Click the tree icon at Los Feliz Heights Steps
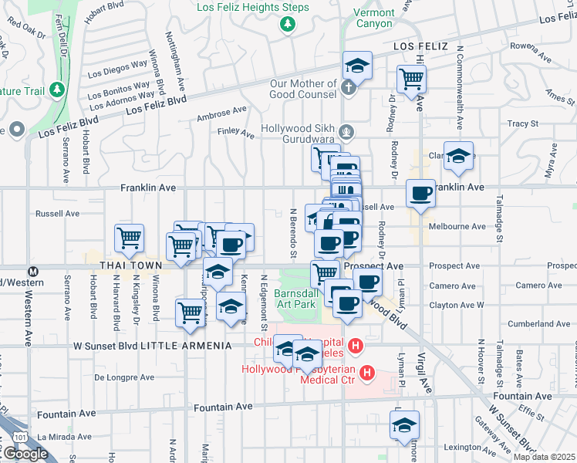287,25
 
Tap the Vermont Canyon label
373,18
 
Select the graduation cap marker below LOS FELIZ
357,66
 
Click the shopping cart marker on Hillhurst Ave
411,78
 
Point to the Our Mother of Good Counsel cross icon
348,86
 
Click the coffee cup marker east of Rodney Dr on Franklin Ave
420,193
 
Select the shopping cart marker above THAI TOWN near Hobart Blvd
129,238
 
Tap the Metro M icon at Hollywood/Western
33,272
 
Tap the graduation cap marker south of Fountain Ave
404,425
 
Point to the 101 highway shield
5,437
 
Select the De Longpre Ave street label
125,378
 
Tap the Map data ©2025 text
545,457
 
